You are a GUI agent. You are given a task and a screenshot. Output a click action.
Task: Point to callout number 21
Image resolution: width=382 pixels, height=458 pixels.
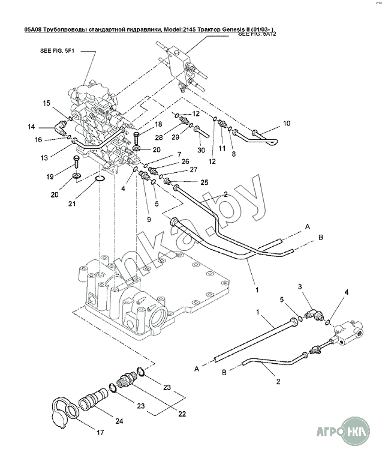tap(73, 203)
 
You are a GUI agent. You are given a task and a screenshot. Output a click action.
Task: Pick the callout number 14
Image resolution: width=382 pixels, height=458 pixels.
tap(31, 126)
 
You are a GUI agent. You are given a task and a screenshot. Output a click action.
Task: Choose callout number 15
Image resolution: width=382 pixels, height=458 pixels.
tap(47, 103)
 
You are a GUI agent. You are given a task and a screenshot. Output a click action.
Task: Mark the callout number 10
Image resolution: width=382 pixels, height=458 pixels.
tap(286, 123)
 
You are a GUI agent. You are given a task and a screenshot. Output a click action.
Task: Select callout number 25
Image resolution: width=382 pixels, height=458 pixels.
tap(204, 182)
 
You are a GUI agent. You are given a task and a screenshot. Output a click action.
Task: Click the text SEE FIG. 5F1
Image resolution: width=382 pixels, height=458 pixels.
tap(57, 52)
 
